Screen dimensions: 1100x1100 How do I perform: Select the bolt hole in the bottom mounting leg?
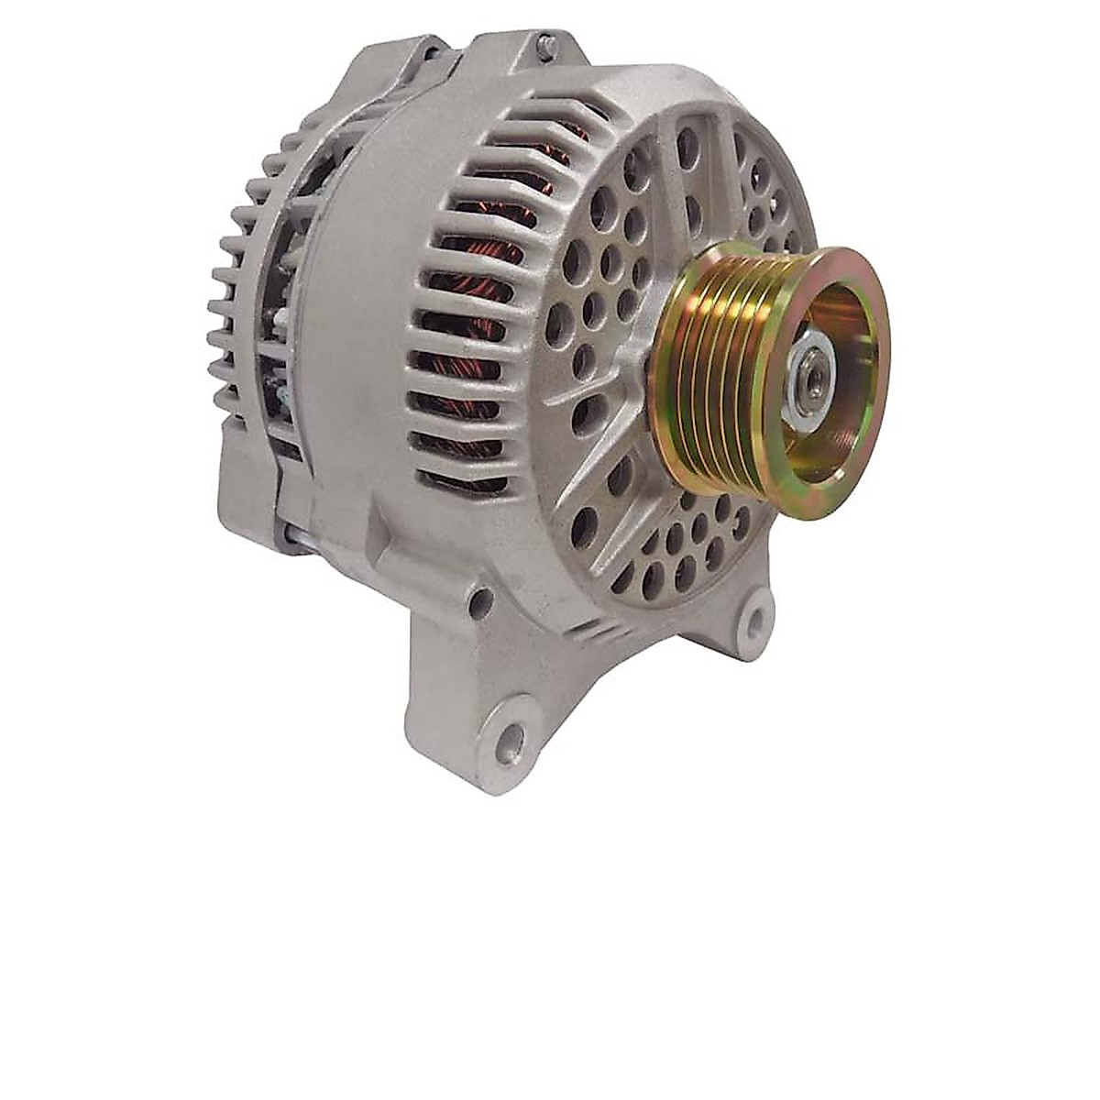pos(510,734)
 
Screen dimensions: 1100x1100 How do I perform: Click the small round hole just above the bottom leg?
pos(478,601)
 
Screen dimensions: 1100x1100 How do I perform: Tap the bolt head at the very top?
pos(544,42)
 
